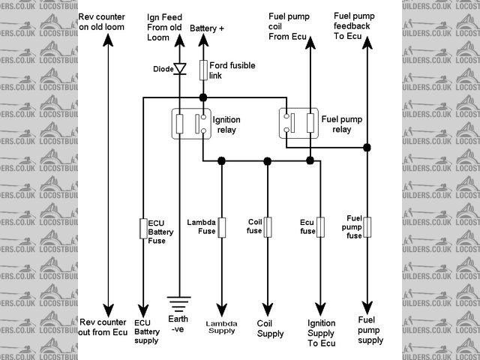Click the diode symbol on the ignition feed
click(180, 69)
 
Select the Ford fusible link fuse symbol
click(202, 71)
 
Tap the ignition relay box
click(190, 123)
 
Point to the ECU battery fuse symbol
click(142, 229)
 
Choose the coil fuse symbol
click(268, 226)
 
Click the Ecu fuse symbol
click(320, 226)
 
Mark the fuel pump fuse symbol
click(367, 226)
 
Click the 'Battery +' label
click(206, 28)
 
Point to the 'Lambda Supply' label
click(221, 327)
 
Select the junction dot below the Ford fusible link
click(202, 97)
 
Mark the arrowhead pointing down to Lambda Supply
click(221, 310)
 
